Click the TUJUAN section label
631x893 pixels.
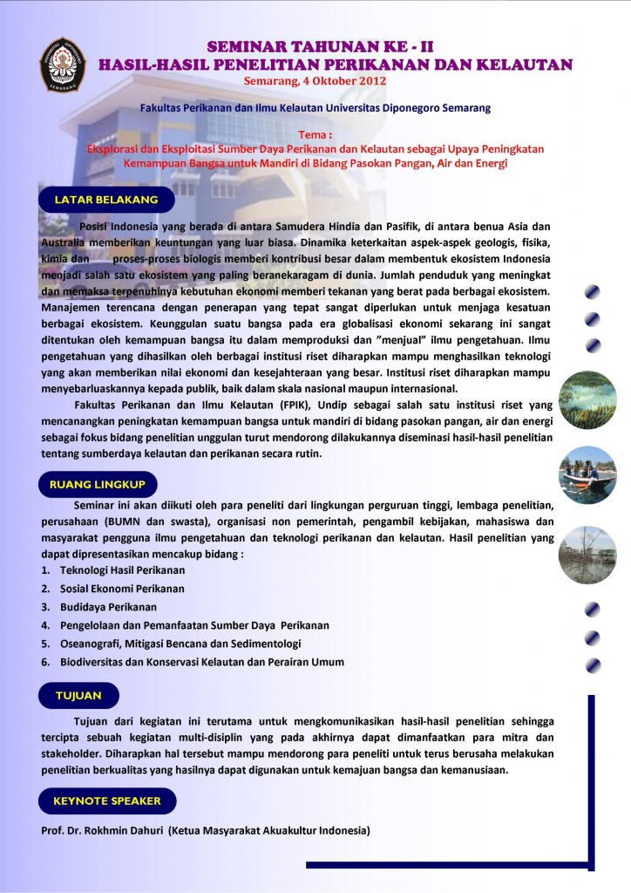(x=78, y=695)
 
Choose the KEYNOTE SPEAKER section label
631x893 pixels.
(x=106, y=800)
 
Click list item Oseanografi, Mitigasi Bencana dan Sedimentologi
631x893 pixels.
(x=180, y=644)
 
